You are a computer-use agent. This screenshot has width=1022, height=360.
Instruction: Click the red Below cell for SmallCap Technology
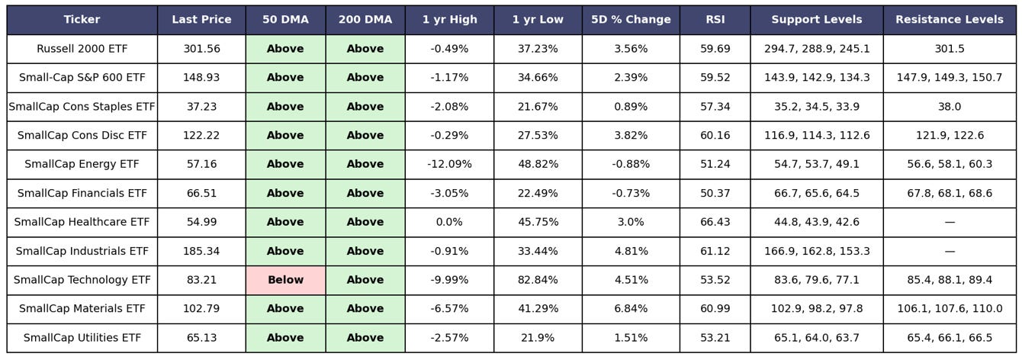click(x=285, y=280)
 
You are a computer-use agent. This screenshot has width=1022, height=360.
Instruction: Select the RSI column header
click(x=715, y=20)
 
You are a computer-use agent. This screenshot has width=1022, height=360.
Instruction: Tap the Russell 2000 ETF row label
click(x=82, y=49)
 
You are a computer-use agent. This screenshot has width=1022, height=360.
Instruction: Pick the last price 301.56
click(x=201, y=49)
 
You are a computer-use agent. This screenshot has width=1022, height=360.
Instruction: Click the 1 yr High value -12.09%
click(x=449, y=164)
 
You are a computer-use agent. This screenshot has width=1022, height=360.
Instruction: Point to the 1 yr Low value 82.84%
click(x=538, y=280)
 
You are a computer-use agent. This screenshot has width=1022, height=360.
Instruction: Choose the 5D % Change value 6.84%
click(x=631, y=308)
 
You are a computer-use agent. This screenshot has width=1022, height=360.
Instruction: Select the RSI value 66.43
click(x=715, y=222)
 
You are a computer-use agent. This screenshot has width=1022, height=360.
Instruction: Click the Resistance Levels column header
click(x=950, y=20)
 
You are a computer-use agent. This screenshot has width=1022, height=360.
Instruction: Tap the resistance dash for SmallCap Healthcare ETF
click(x=950, y=222)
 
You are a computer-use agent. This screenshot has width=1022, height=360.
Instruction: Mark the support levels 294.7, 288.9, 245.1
click(x=817, y=49)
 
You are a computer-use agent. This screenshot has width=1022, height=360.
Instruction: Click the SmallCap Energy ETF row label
click(x=82, y=164)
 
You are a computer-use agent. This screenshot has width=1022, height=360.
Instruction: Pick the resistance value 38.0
click(x=950, y=106)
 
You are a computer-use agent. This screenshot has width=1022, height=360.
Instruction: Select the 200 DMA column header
click(x=365, y=20)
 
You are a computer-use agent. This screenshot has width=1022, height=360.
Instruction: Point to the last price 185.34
click(x=201, y=251)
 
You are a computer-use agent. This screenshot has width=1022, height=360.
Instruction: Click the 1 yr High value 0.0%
click(x=449, y=222)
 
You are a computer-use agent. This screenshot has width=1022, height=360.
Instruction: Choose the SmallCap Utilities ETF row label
click(x=82, y=338)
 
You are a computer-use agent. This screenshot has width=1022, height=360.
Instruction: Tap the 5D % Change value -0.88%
click(x=631, y=164)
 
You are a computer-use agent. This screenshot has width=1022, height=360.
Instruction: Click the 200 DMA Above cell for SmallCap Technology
click(x=365, y=280)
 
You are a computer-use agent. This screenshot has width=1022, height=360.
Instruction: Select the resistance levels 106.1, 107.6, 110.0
click(x=950, y=308)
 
